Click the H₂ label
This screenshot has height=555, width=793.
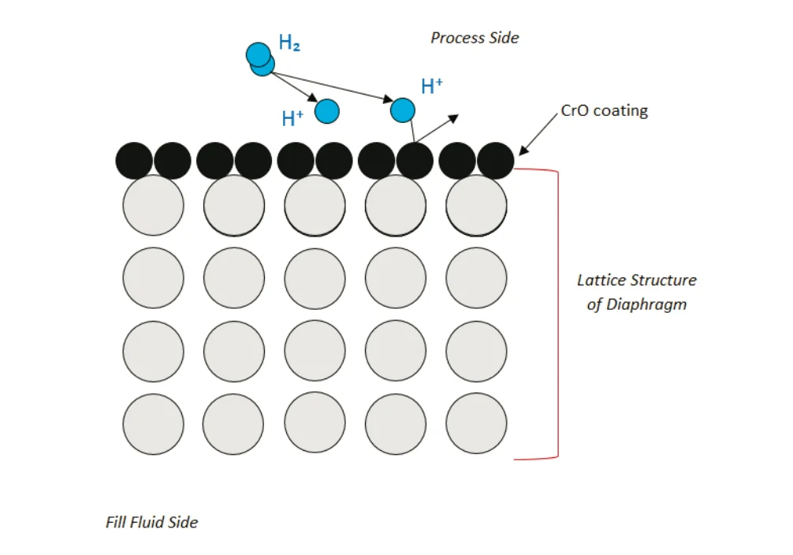point(289,44)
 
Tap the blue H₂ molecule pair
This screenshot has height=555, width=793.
point(260,59)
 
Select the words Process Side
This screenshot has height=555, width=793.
point(475,38)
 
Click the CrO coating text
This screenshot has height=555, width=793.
point(604,110)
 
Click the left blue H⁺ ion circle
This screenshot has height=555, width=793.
point(327,111)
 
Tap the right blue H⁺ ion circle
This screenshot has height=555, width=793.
point(403,110)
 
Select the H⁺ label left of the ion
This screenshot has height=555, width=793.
point(292,119)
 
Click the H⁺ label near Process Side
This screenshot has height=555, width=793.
point(432,86)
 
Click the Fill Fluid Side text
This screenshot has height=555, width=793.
point(151,522)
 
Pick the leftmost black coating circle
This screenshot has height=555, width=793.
point(134,161)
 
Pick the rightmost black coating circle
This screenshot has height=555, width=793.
point(495,161)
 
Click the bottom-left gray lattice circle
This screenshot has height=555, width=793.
point(153,423)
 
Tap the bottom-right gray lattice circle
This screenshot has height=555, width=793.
point(476,423)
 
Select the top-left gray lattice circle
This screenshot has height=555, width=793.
point(153,205)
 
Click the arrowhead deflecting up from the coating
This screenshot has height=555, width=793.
point(452,119)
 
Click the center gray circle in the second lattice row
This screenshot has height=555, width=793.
point(315,277)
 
